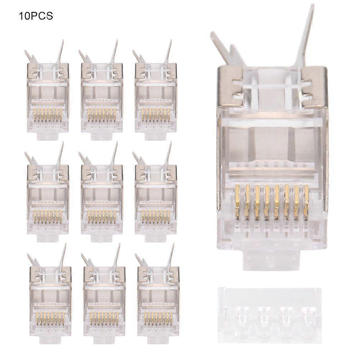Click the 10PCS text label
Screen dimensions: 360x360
pyautogui.click(x=36, y=16)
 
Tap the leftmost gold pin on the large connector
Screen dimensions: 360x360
pyautogui.click(x=237, y=201)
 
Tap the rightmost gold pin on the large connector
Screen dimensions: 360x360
pyautogui.click(x=306, y=201)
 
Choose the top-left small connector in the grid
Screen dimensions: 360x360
pyautogui.click(x=48, y=97)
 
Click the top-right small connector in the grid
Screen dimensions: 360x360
pyautogui.click(x=156, y=97)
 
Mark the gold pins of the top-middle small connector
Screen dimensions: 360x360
pyautogui.click(x=102, y=114)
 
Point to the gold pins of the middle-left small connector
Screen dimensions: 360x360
pyautogui.click(x=48, y=216)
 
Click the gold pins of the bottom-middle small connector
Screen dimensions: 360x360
pyautogui.click(x=104, y=318)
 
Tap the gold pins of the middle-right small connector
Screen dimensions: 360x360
pyautogui.click(x=156, y=216)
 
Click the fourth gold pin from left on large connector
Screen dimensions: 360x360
pyautogui.click(x=266, y=201)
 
